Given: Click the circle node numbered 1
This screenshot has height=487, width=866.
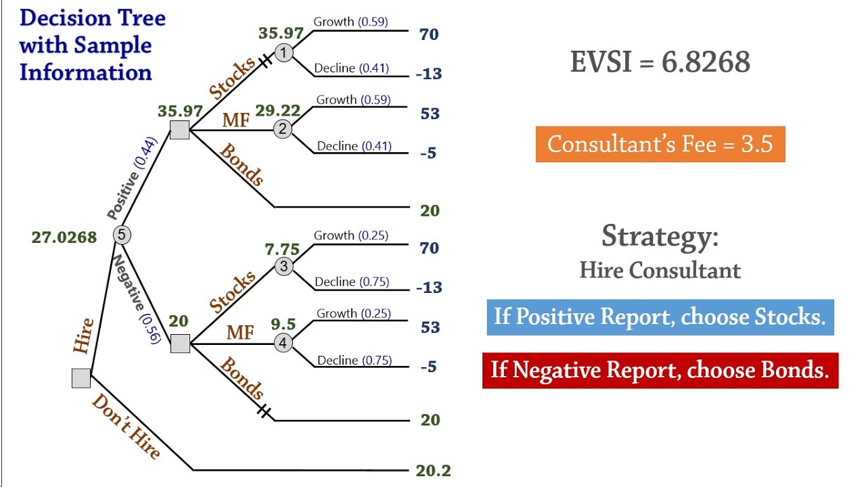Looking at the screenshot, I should click(x=284, y=52).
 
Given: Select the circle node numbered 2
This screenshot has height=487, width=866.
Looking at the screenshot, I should click(x=283, y=129).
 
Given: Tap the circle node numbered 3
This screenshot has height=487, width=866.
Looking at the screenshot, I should click(x=283, y=266).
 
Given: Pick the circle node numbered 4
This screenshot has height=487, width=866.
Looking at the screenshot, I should click(x=283, y=344).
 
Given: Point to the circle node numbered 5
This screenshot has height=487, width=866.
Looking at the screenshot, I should click(x=121, y=235).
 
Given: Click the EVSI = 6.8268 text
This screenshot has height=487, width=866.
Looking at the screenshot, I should click(x=660, y=62).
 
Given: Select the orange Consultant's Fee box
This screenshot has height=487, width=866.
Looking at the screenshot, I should click(x=660, y=144).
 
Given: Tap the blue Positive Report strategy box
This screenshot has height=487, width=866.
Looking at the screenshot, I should click(x=660, y=317).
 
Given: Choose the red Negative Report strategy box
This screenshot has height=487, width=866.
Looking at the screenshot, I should click(x=660, y=370).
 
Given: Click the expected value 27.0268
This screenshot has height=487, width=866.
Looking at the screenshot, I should click(x=64, y=237).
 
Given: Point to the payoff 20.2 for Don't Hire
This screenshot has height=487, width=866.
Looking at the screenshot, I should click(x=433, y=471).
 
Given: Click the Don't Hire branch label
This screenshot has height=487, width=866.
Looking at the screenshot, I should click(x=127, y=427).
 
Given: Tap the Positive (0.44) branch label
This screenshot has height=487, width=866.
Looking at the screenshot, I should click(x=133, y=178).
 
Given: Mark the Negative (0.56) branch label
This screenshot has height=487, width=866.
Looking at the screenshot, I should click(x=137, y=298).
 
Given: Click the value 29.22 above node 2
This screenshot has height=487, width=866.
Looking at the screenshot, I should click(x=278, y=111).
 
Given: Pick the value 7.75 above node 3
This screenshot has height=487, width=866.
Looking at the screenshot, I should click(x=282, y=249).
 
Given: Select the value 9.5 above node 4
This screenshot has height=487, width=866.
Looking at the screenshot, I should click(x=283, y=325).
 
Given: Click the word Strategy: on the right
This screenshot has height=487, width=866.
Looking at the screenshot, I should click(x=660, y=236).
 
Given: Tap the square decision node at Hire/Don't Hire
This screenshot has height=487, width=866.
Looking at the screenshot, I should click(x=81, y=378).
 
